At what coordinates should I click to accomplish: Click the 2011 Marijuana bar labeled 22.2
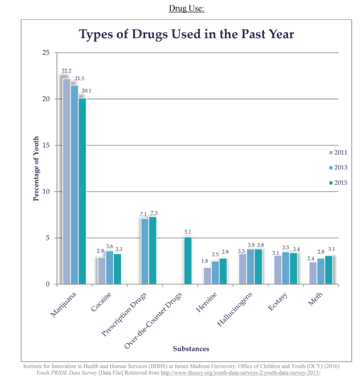[x=66, y=181]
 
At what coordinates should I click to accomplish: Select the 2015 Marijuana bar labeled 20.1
[x=82, y=191]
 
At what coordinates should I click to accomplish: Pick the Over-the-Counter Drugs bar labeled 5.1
[x=188, y=261]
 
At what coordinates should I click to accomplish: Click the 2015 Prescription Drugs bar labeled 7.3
[x=153, y=250]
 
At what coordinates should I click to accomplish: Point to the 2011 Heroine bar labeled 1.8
[x=207, y=276]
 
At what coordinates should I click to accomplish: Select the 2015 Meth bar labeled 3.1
[x=329, y=270]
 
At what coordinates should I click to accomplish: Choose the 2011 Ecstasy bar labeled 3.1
[x=278, y=270]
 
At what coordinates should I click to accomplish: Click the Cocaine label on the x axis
[x=102, y=302]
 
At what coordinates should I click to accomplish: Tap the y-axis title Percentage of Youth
[x=36, y=168]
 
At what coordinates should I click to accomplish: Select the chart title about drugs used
[x=187, y=34]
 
